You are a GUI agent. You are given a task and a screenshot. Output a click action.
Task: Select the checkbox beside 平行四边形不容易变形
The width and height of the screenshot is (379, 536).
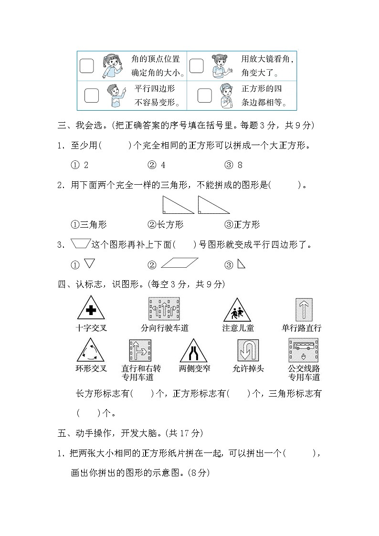(x=91, y=95)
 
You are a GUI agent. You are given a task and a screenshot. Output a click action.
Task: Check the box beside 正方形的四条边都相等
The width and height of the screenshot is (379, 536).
(x=204, y=95)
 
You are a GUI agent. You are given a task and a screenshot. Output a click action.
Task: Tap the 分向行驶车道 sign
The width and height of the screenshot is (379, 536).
(x=164, y=309)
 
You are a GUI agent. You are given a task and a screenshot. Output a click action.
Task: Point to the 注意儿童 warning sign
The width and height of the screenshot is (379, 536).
(x=237, y=310)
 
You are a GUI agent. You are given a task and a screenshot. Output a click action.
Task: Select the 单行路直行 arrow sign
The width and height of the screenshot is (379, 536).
(x=304, y=309)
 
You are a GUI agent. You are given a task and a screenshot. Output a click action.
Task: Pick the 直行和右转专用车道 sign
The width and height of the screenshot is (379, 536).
(x=140, y=351)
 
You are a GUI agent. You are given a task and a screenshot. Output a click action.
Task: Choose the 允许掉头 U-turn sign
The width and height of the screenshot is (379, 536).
(x=248, y=351)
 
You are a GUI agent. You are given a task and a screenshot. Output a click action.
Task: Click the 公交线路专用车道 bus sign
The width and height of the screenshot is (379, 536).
(x=304, y=350)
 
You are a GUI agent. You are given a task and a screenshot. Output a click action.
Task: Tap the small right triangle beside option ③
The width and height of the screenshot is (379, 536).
(x=242, y=263)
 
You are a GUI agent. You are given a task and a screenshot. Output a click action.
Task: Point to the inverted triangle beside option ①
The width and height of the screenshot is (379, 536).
(x=89, y=263)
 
